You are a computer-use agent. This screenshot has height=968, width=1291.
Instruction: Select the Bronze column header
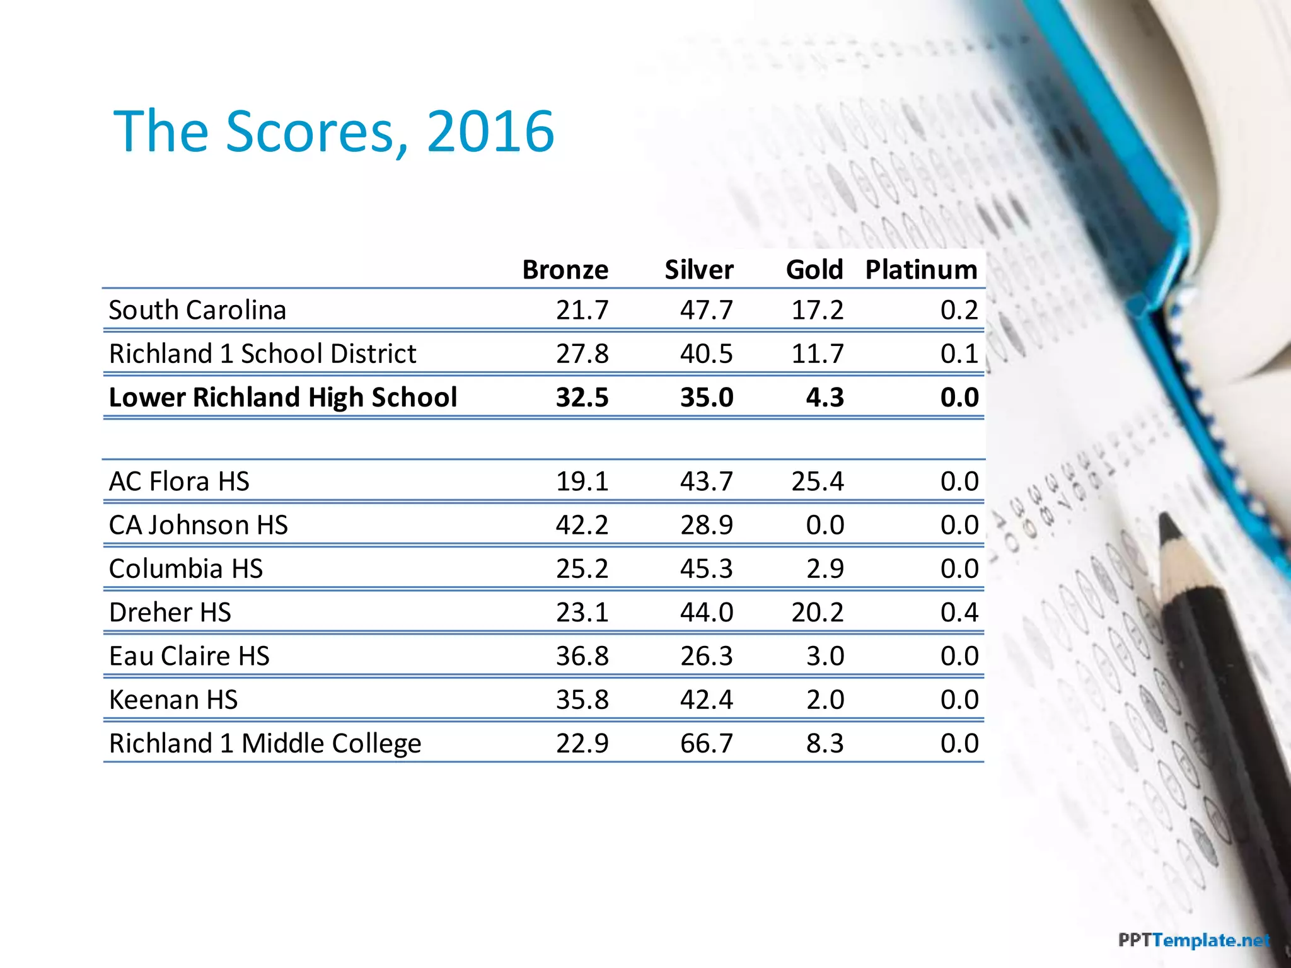(565, 270)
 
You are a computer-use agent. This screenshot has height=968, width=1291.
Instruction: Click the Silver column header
(698, 270)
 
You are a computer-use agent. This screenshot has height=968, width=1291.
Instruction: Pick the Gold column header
(814, 270)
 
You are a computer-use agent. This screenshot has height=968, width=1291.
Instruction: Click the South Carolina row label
(197, 310)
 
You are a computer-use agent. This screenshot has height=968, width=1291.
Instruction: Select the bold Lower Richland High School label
(282, 398)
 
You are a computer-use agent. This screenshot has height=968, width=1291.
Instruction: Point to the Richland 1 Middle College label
(265, 744)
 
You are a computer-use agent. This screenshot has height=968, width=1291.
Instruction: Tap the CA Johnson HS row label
(198, 525)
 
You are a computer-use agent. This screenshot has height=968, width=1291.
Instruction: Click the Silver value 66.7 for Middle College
(706, 744)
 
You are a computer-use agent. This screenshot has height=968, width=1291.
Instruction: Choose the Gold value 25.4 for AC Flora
(817, 481)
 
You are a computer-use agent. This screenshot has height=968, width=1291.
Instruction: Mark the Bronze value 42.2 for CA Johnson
(582, 525)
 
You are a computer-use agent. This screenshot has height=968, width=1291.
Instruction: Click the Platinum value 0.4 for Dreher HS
(959, 613)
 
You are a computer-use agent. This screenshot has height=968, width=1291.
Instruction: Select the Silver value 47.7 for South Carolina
(706, 310)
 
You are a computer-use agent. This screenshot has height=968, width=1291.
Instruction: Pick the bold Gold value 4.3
(825, 398)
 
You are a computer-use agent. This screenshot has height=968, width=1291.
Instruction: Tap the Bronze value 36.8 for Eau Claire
(582, 656)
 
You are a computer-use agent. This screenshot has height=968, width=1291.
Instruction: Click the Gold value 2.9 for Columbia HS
(825, 569)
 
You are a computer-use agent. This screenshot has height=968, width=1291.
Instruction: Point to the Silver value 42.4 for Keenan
(706, 700)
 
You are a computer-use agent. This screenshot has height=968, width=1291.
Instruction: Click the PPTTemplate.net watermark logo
(1193, 941)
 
